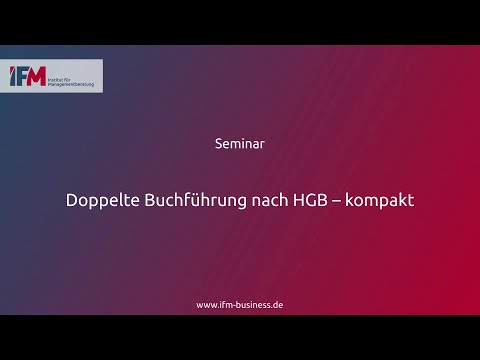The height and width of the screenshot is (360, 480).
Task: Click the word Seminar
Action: (240, 143)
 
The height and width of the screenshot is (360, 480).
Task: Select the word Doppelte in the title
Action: (100, 200)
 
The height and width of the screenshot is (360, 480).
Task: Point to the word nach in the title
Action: (262, 200)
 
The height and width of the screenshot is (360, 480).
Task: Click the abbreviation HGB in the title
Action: (308, 200)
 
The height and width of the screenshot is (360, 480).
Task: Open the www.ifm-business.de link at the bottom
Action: (240, 304)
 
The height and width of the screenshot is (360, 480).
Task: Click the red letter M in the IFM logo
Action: (36, 77)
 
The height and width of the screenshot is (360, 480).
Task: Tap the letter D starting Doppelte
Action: (72, 200)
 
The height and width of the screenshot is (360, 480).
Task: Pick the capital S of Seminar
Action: (219, 143)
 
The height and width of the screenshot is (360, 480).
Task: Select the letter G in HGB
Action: (308, 200)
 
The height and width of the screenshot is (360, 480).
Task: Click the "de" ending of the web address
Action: (278, 304)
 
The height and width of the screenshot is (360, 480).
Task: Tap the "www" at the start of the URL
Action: (206, 304)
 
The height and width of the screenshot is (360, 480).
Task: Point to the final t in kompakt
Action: (411, 200)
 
